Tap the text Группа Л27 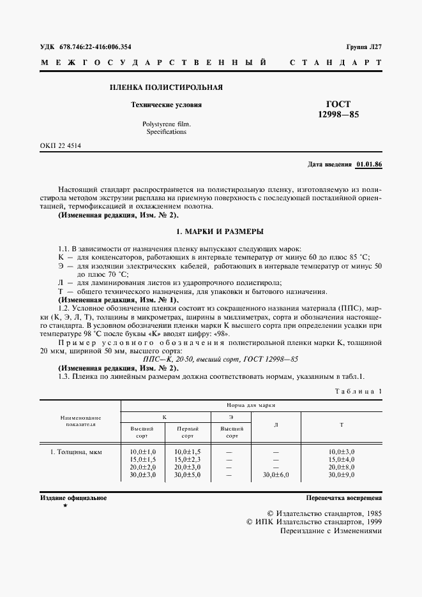364,47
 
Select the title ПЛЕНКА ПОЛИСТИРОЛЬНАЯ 166,87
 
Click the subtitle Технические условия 166,105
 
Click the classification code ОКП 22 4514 61,146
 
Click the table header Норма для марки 251,405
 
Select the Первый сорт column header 187,432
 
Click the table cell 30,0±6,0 276,475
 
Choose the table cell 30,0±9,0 341,475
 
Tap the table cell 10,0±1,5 187,452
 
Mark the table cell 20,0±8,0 341,468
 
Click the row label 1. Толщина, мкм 75,452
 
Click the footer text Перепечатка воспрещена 343,497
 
